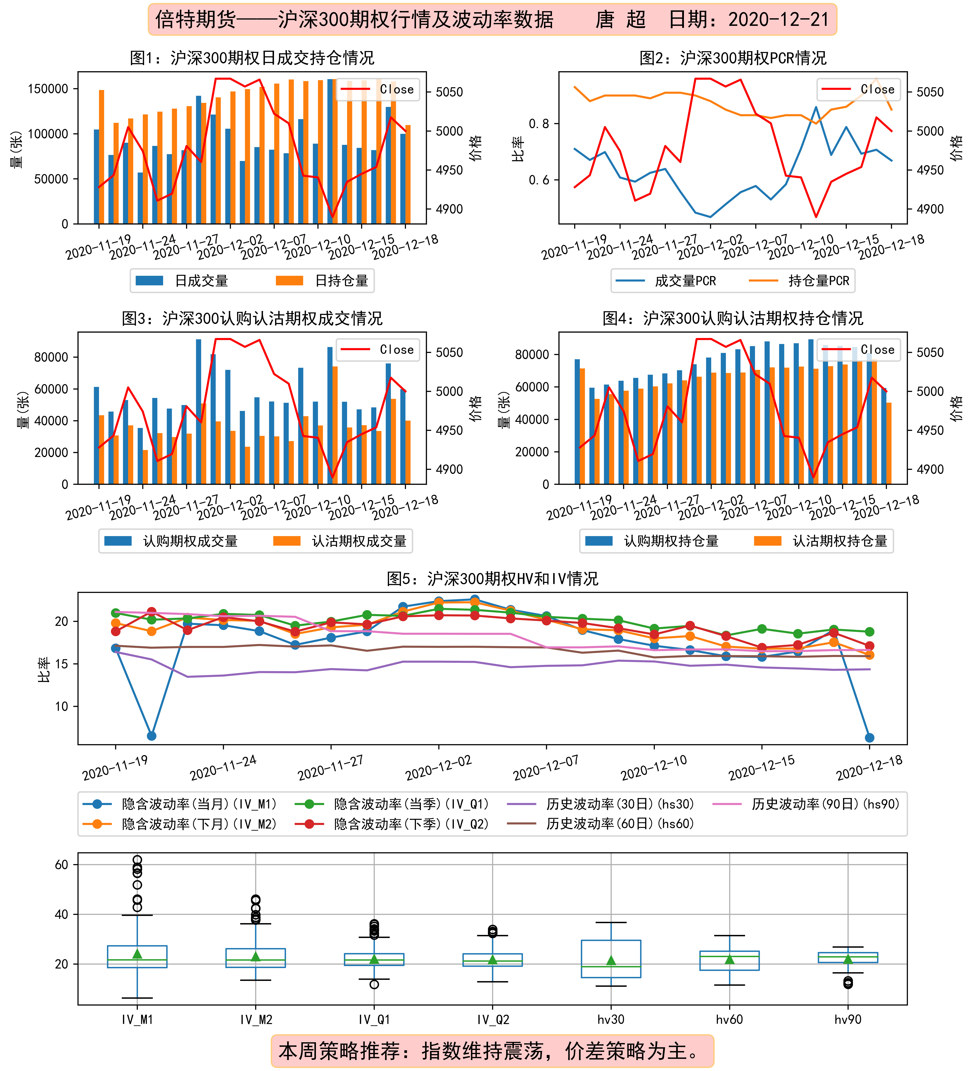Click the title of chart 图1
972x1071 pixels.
(x=252, y=57)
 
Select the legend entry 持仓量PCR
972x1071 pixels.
(x=799, y=281)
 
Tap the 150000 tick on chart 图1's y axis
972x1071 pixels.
(x=48, y=89)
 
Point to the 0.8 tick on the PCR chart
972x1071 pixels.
(x=539, y=124)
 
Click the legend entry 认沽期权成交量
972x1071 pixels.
(x=340, y=541)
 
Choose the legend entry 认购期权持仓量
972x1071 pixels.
(x=652, y=541)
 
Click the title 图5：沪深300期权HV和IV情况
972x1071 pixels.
(x=493, y=578)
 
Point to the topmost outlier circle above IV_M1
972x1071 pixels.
(x=137, y=860)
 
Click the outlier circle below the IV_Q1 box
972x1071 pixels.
(x=374, y=984)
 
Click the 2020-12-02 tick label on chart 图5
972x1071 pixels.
(x=438, y=768)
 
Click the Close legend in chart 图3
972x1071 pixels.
(x=377, y=350)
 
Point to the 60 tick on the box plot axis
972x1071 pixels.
(x=62, y=864)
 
